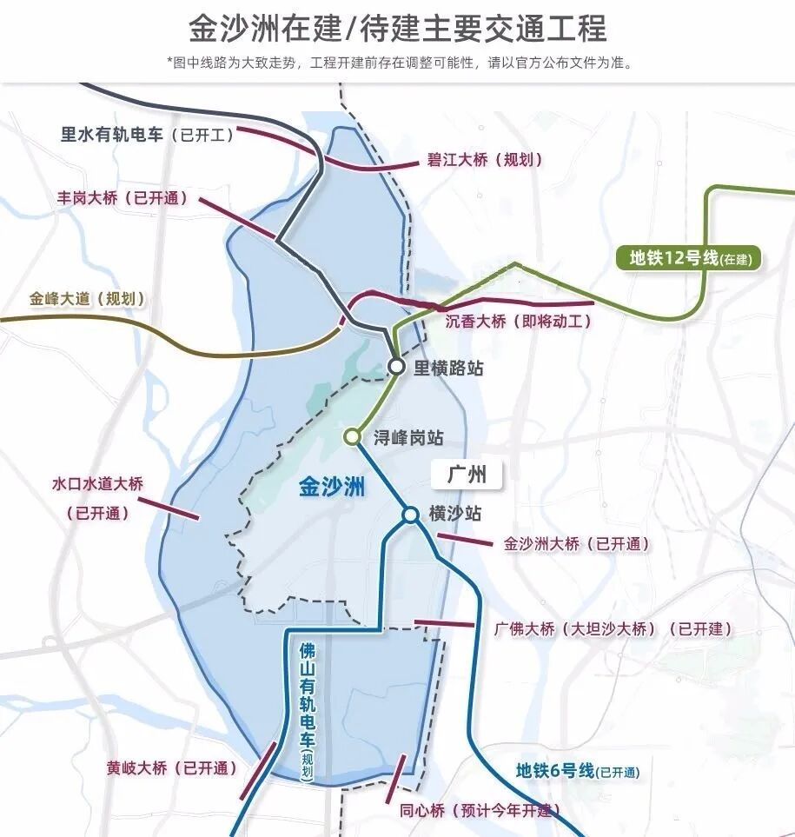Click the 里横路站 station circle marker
(x=396, y=367)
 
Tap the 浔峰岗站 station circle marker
(x=352, y=437)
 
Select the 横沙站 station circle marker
(x=410, y=515)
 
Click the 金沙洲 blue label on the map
(x=331, y=487)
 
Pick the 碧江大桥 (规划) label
(x=484, y=160)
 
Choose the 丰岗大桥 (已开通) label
(x=122, y=198)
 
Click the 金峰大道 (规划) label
(x=86, y=299)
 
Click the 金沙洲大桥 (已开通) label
(x=576, y=544)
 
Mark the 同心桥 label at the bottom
(x=475, y=812)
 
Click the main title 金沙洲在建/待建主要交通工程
(x=397, y=29)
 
